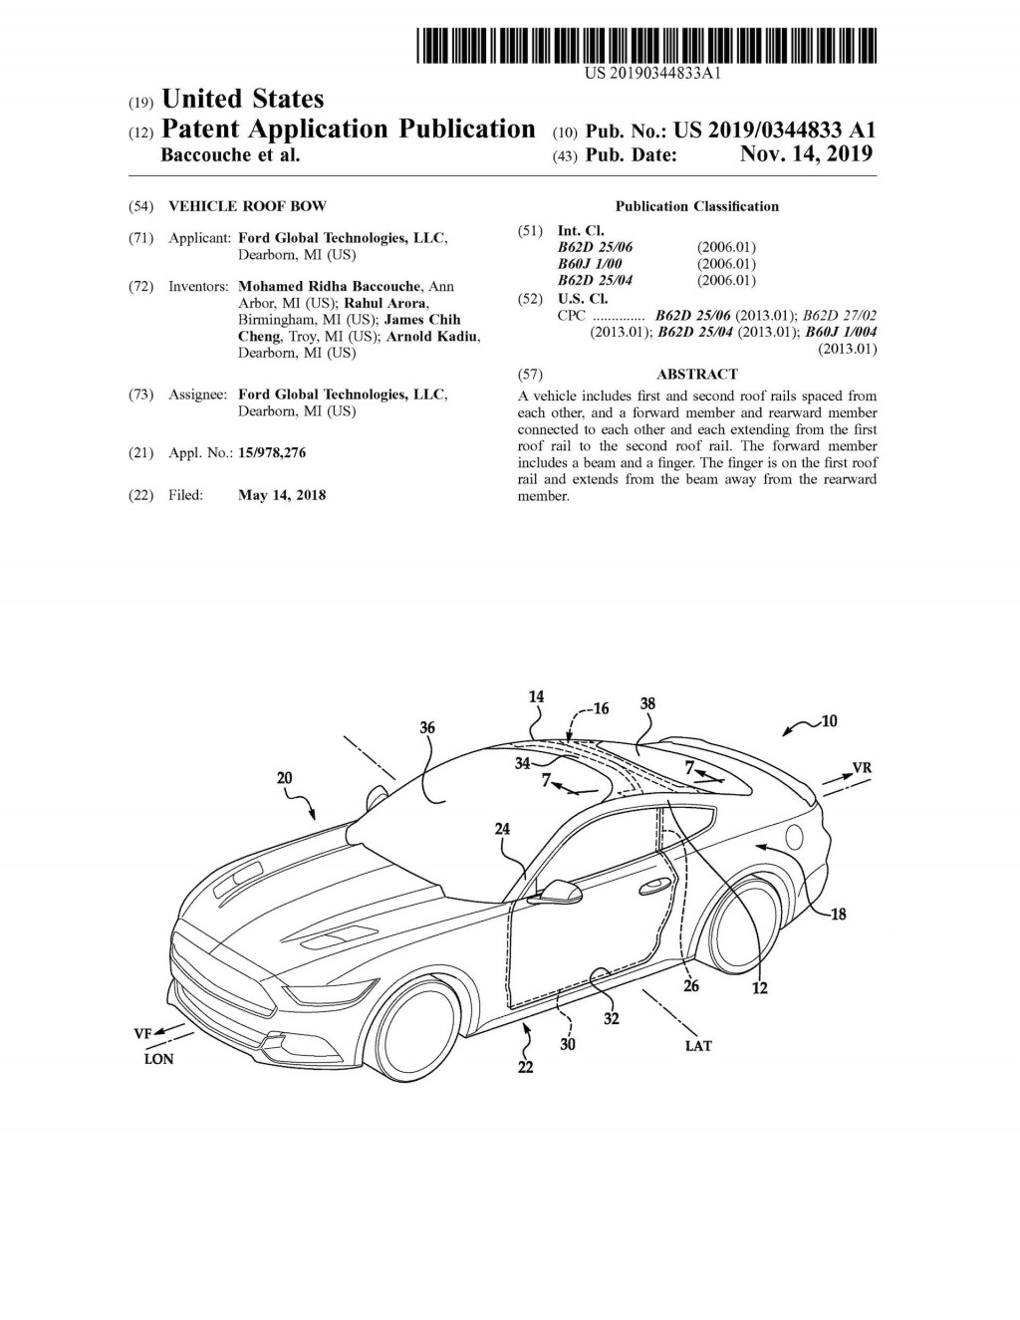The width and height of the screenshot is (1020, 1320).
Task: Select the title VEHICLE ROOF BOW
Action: click(247, 206)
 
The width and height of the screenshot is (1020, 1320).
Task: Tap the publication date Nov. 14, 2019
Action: click(806, 154)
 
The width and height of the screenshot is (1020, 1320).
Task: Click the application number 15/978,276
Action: click(272, 453)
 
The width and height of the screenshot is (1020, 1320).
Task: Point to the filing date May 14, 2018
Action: click(282, 495)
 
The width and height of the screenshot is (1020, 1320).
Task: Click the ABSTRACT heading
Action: click(697, 375)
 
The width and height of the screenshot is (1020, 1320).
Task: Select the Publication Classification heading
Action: click(696, 206)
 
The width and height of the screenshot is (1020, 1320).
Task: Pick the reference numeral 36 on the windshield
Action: click(426, 728)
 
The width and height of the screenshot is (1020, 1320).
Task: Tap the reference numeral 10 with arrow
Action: click(828, 720)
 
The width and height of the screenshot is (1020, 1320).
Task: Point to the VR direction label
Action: click(862, 768)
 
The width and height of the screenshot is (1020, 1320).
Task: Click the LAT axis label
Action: click(698, 1045)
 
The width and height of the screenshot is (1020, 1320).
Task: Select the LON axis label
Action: click(158, 1059)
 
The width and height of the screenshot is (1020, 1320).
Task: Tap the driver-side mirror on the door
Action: click(558, 889)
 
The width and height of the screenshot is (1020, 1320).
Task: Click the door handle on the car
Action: click(654, 885)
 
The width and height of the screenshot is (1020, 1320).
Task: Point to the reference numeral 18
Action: click(838, 914)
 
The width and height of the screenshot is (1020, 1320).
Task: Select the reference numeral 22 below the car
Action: click(525, 1067)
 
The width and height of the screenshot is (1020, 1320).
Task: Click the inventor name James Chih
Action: click(421, 320)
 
